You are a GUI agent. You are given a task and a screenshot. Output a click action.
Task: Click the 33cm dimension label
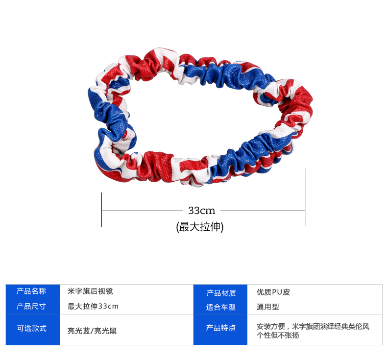point(201,211)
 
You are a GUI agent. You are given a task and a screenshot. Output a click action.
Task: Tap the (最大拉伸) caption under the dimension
point(200,227)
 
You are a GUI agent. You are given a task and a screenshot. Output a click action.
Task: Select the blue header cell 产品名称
point(32,291)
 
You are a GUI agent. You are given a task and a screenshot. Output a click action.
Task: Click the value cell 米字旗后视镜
point(90,291)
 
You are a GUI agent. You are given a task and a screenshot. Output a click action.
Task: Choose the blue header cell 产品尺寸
point(32,306)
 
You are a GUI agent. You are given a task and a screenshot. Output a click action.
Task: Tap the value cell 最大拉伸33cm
point(93,306)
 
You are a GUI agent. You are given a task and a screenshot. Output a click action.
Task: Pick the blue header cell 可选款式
point(32,329)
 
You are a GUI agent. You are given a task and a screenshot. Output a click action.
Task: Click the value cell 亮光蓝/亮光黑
point(92,331)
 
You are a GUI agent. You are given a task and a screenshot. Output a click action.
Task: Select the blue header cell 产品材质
point(221,292)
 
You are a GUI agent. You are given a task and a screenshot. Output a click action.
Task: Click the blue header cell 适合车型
point(221,307)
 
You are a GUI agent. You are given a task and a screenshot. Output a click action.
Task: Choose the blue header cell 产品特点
point(221,328)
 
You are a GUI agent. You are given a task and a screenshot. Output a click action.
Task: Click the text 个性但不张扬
point(278,336)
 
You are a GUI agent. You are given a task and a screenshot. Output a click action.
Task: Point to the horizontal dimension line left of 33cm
point(142,211)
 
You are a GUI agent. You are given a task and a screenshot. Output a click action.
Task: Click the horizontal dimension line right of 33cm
point(262,211)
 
